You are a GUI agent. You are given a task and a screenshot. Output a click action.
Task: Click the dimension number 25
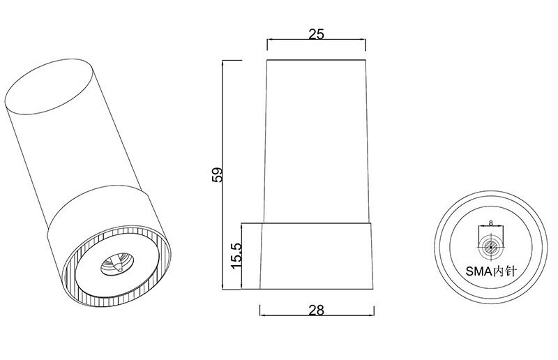tap(316, 34)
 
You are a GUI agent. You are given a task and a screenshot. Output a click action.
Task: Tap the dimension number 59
tap(217, 174)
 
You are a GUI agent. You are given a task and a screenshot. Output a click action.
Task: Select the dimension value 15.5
tap(236, 256)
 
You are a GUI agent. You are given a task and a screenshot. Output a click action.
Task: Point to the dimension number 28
tap(317, 310)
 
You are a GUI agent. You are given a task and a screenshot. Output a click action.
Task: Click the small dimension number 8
tap(491, 223)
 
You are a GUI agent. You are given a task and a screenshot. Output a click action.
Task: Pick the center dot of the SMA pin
tap(491, 247)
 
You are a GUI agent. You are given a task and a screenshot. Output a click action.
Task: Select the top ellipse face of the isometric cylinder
tap(50, 87)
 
